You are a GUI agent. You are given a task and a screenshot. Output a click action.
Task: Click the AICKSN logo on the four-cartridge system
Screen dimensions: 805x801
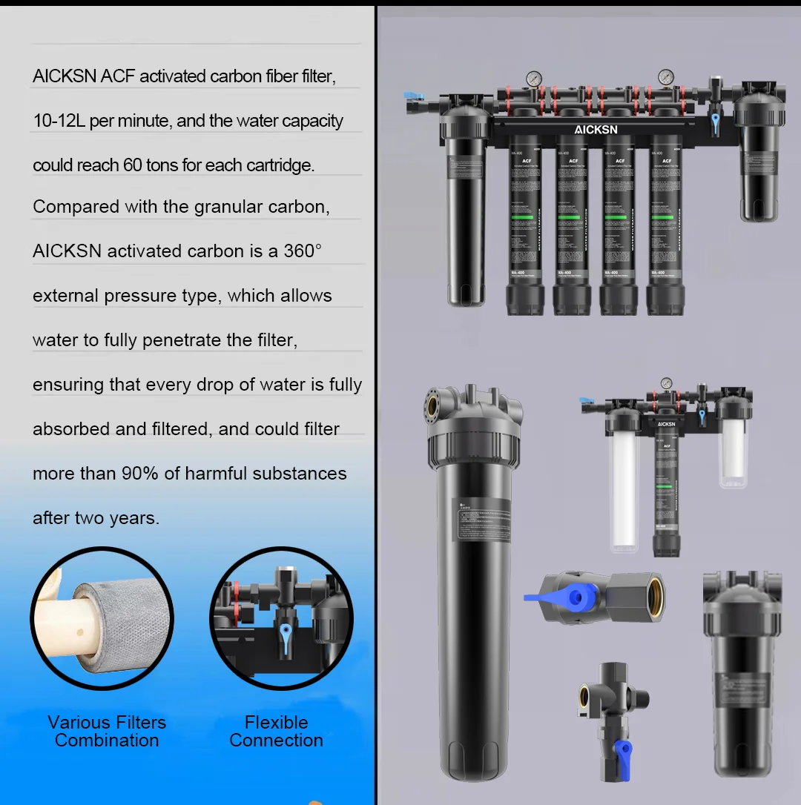595,130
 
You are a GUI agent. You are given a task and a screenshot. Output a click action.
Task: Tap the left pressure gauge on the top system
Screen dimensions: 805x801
533,79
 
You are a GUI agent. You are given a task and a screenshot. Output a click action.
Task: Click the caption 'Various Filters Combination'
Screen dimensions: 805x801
107,731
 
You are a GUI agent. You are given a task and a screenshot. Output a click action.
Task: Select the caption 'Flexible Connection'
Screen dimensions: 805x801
276,731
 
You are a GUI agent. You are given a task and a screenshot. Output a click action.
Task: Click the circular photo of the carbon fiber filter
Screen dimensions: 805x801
102,619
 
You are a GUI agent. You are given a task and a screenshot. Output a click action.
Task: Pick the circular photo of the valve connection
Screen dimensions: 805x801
281,619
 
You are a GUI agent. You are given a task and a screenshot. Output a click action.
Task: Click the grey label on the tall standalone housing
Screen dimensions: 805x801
481,522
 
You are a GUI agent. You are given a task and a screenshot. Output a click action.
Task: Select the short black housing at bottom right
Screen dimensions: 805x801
742,675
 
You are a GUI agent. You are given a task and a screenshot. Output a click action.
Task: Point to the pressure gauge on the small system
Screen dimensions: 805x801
667,384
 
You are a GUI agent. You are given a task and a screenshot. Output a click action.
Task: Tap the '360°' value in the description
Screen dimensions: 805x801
303,251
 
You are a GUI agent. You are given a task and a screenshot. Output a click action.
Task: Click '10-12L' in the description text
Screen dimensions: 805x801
59,121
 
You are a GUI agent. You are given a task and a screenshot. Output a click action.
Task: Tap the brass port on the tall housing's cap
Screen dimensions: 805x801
433,405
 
